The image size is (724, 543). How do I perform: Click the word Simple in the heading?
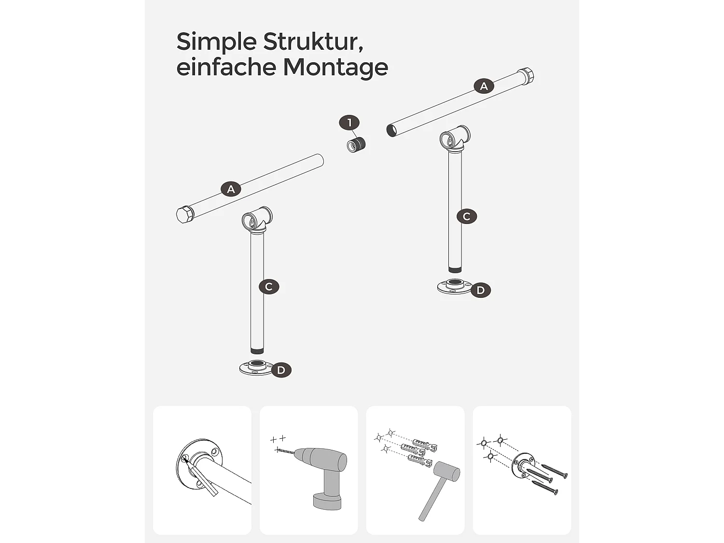click(x=216, y=42)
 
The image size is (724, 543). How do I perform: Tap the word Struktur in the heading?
click(x=313, y=42)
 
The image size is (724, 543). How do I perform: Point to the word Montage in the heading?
click(x=335, y=67)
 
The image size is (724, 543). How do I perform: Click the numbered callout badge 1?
click(x=349, y=123)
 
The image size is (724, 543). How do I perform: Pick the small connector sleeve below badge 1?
click(x=356, y=144)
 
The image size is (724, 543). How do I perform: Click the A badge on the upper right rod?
click(x=484, y=86)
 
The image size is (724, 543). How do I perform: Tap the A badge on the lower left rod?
click(x=231, y=189)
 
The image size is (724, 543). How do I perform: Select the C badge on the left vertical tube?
click(x=269, y=287)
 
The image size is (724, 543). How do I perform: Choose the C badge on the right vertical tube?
click(x=466, y=216)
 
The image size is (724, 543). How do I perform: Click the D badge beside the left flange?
click(x=281, y=370)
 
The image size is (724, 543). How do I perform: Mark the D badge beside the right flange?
click(x=480, y=290)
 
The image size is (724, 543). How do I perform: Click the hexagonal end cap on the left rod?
click(x=184, y=214)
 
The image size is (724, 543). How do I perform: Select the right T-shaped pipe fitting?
click(x=455, y=138)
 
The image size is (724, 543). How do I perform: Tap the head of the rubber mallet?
click(x=446, y=472)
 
